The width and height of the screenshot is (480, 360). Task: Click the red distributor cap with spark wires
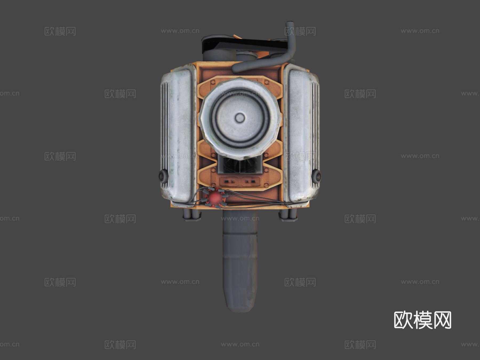[x=215, y=197]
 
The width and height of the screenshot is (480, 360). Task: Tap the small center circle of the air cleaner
[x=240, y=118]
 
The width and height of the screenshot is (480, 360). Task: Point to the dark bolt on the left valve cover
[x=162, y=175]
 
